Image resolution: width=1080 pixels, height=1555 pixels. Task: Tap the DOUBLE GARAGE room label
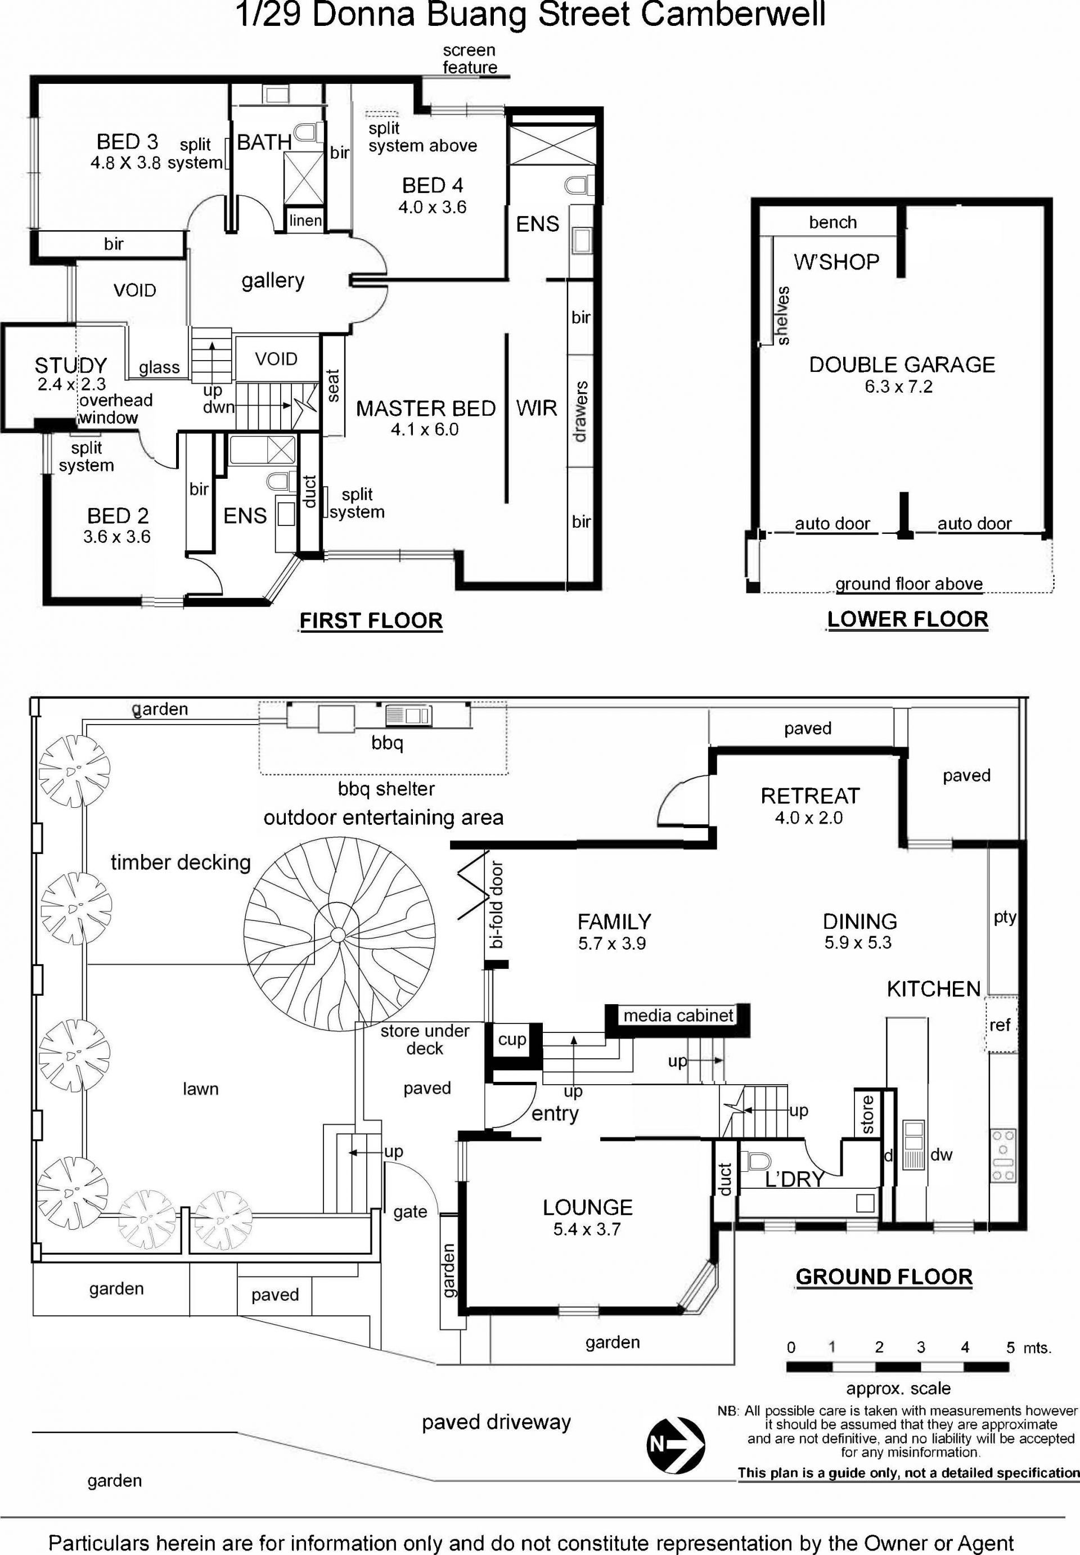[902, 365]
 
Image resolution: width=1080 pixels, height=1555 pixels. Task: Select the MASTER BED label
[426, 408]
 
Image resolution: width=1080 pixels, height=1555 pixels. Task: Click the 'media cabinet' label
[678, 1015]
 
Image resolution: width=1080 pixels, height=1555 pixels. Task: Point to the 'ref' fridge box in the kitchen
[1001, 1024]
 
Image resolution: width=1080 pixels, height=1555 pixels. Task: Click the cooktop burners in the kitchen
[1003, 1155]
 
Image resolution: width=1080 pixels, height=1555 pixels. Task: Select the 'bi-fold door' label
[497, 904]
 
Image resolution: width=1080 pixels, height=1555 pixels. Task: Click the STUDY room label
[71, 366]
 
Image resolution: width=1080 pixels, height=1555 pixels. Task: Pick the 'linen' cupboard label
[305, 221]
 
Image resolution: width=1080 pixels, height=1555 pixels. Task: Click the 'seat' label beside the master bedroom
[332, 386]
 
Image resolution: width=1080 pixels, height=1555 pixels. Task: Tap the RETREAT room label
[810, 796]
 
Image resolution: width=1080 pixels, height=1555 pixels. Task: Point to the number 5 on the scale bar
[1010, 1347]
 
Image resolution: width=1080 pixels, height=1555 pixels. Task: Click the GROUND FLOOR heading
[884, 1277]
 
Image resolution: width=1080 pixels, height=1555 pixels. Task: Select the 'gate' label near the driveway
[410, 1212]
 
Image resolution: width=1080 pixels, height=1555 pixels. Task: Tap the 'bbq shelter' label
[386, 788]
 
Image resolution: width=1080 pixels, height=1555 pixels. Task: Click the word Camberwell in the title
[733, 15]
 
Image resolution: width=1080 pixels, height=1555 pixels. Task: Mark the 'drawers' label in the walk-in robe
[580, 411]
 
